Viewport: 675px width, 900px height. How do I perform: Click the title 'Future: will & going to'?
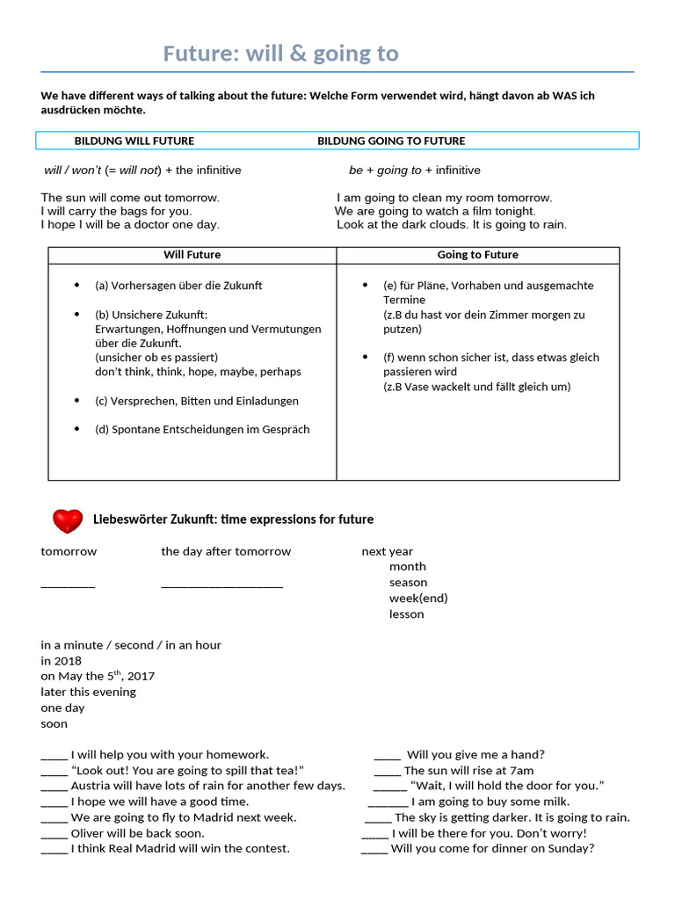click(280, 54)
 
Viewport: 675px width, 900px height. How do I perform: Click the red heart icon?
click(67, 520)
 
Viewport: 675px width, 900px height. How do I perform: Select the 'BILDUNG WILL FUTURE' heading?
click(134, 141)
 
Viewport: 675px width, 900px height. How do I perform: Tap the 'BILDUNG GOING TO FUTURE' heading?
click(391, 141)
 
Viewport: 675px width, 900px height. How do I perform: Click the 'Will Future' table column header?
click(192, 255)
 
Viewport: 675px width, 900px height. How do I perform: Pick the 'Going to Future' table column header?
click(477, 255)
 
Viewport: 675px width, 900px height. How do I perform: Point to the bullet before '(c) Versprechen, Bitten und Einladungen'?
click(77, 401)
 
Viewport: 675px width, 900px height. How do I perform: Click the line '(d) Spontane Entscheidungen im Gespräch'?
click(202, 430)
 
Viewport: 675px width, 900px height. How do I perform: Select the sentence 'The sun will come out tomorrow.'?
click(130, 198)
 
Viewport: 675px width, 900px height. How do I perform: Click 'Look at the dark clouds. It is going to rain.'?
click(452, 224)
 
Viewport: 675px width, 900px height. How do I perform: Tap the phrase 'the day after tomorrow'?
click(226, 551)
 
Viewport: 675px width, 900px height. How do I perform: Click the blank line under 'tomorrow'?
click(68, 584)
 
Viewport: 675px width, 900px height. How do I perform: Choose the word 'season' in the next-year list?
click(408, 583)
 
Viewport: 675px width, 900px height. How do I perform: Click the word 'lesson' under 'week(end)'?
click(406, 614)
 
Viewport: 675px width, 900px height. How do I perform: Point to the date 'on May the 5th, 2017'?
click(98, 676)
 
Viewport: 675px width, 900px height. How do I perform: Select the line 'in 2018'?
click(61, 660)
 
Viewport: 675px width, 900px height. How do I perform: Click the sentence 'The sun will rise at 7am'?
click(468, 771)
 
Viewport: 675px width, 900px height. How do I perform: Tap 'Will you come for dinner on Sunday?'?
click(492, 848)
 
